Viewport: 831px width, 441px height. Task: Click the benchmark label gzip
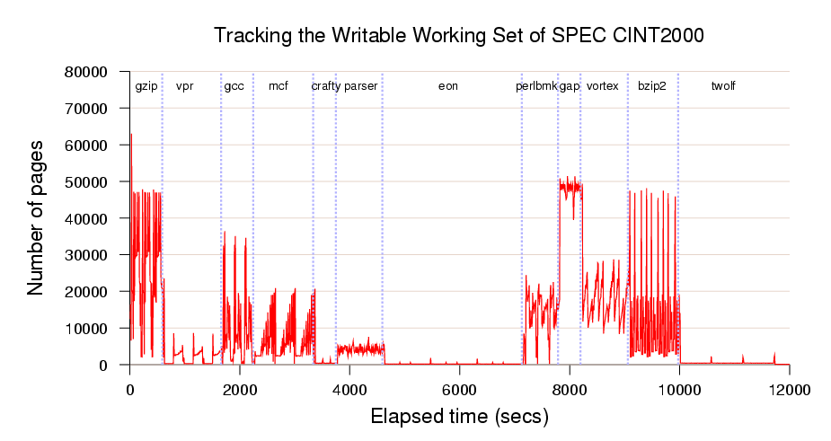point(146,86)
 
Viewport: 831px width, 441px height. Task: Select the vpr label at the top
point(185,86)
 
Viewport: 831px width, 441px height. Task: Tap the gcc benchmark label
point(234,86)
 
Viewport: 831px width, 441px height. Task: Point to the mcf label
point(278,86)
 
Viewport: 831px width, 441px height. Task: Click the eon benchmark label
point(448,86)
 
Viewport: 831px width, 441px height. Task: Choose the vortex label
point(603,86)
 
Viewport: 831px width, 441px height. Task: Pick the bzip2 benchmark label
point(651,86)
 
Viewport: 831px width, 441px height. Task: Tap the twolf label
point(723,86)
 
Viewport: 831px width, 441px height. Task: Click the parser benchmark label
point(361,86)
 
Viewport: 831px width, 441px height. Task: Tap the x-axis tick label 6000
point(459,391)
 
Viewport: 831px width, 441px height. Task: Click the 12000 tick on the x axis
point(789,391)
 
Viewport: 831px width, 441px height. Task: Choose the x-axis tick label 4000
point(349,391)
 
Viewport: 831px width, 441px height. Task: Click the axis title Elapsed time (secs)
point(459,418)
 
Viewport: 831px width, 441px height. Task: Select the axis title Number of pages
point(36,218)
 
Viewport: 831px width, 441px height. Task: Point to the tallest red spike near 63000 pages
point(131,136)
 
